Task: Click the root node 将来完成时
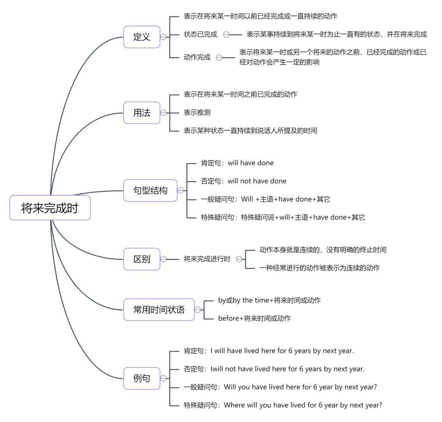(x=50, y=208)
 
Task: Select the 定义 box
(x=142, y=37)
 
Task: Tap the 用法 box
(x=142, y=113)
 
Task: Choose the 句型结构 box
(x=150, y=190)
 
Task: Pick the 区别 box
(x=142, y=259)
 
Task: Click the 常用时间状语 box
(x=159, y=310)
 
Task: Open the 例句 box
(x=142, y=378)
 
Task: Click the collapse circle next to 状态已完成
(x=226, y=35)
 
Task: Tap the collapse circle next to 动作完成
(x=219, y=57)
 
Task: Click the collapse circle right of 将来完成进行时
(x=239, y=259)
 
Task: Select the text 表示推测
(x=197, y=113)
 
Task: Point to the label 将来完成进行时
(x=207, y=259)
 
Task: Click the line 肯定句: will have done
(x=237, y=163)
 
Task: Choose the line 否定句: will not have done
(x=243, y=181)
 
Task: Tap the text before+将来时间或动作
(x=254, y=318)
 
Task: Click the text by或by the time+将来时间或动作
(x=269, y=300)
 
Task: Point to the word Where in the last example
(x=234, y=405)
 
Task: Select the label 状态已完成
(x=200, y=35)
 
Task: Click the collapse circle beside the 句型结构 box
(x=180, y=191)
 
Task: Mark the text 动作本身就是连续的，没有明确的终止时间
(x=323, y=250)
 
